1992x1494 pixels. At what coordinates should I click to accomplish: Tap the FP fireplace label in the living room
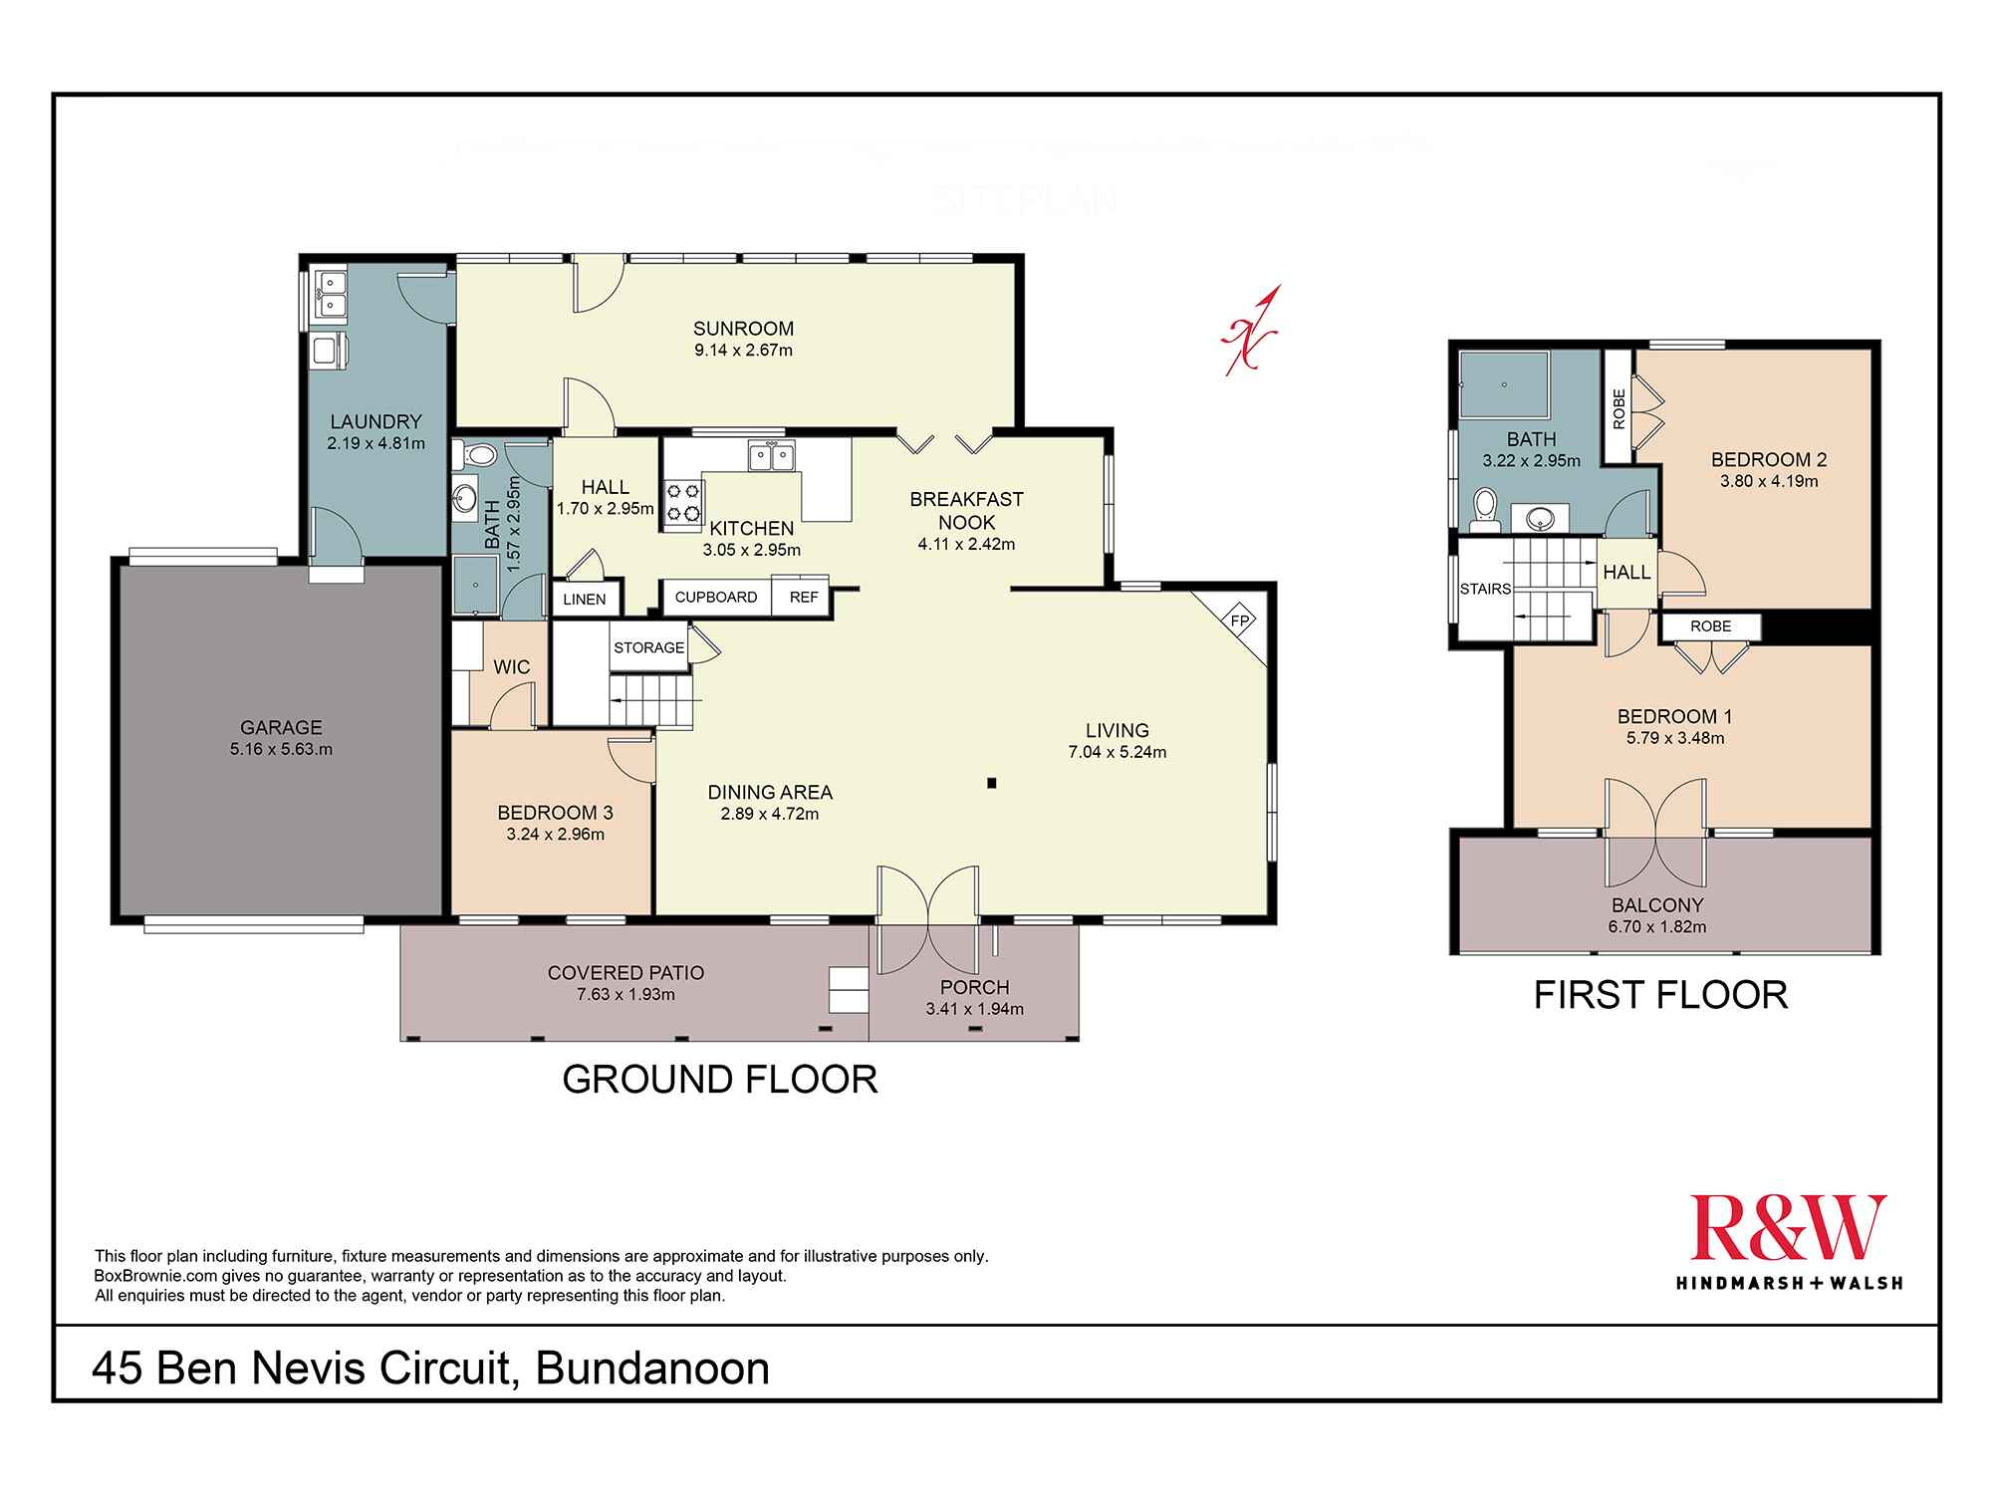coord(1240,620)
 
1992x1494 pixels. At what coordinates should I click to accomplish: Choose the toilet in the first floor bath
coord(1483,505)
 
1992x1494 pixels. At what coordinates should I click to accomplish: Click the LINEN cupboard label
coord(584,600)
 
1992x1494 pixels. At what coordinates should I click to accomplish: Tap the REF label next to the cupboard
coord(804,598)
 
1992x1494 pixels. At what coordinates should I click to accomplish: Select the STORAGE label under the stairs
coord(649,647)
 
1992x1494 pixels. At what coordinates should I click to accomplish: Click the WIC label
coord(512,667)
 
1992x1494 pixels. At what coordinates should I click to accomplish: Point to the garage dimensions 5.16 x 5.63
coord(281,749)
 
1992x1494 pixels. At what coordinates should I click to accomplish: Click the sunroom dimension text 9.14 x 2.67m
coord(744,350)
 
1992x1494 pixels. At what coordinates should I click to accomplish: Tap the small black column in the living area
coord(992,783)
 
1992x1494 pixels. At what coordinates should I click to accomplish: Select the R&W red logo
coord(1789,1227)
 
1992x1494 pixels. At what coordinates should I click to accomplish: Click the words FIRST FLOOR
coord(1660,996)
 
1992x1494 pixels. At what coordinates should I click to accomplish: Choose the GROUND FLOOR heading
coord(720,1080)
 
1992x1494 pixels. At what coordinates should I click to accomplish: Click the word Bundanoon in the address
coord(653,1369)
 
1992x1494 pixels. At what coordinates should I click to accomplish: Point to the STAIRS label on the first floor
coord(1485,589)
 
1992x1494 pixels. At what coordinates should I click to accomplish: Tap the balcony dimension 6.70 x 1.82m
coord(1658,926)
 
